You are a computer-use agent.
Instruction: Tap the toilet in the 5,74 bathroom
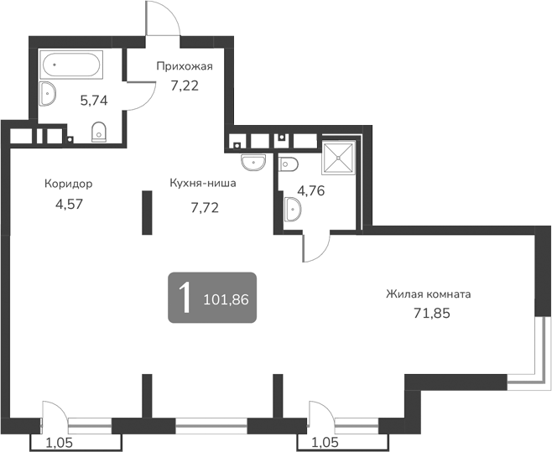(x=99, y=131)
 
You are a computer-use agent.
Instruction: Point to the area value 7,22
(x=184, y=85)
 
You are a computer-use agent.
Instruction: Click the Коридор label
(x=69, y=184)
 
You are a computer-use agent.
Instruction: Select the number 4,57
(x=68, y=202)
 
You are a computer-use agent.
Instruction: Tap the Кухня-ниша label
(x=202, y=184)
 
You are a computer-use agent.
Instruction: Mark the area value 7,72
(x=205, y=207)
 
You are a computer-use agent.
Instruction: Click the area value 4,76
(x=310, y=189)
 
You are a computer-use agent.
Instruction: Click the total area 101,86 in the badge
(x=227, y=298)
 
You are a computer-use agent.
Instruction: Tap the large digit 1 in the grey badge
(x=184, y=297)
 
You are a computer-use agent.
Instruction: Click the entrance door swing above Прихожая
(x=162, y=18)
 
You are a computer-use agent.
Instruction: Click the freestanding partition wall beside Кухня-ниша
(x=146, y=213)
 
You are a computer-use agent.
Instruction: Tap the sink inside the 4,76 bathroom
(x=293, y=209)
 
